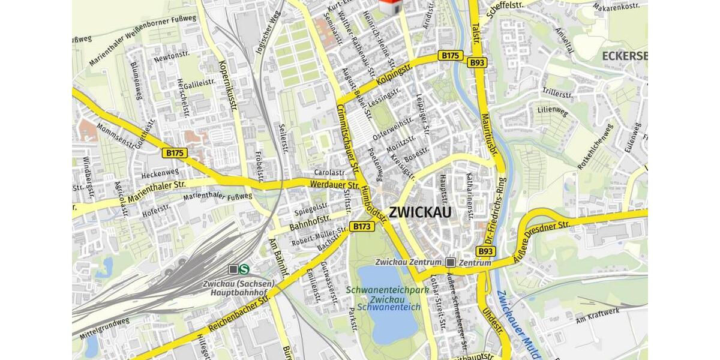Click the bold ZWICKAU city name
click(x=420, y=212)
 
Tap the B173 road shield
click(x=362, y=226)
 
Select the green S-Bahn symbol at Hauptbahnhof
click(x=244, y=269)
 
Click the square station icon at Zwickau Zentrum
click(x=451, y=262)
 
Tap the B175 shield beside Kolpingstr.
click(x=450, y=55)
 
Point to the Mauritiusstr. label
click(x=490, y=136)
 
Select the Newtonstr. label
click(x=167, y=57)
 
